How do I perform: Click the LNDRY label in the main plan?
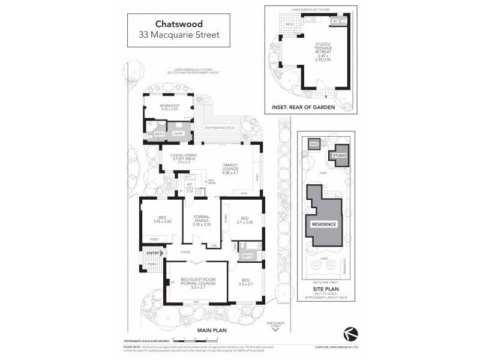tap(177, 134)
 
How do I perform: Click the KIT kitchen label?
tap(190, 184)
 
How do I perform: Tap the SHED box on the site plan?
tap(313, 145)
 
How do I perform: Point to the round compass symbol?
tap(348, 332)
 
